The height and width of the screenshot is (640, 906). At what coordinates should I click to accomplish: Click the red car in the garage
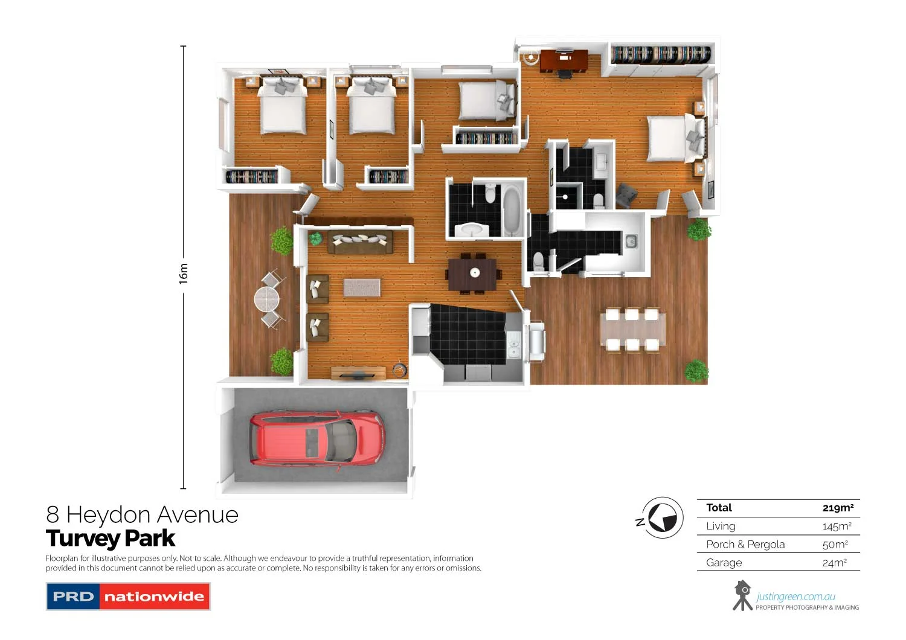pos(316,439)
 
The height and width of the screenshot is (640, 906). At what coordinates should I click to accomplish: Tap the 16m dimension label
pos(184,274)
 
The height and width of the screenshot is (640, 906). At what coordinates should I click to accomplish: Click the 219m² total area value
pos(838,508)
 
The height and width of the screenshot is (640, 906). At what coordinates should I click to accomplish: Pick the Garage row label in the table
pos(724,563)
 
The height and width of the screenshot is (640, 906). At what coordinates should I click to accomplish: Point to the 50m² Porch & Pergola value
pos(835,545)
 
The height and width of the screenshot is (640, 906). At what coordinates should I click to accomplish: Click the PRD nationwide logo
pos(128,597)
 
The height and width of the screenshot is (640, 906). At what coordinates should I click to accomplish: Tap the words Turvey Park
pos(111,538)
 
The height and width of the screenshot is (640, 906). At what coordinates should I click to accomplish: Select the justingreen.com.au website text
pos(795,597)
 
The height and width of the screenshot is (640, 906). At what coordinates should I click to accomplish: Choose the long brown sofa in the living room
pos(360,242)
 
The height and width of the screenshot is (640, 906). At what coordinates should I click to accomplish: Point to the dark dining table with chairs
pos(472,274)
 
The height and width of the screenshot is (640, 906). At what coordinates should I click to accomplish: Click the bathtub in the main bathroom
pos(512,210)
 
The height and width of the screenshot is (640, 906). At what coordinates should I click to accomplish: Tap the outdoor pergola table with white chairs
pos(632,330)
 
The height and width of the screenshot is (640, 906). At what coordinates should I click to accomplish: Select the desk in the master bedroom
pos(564,60)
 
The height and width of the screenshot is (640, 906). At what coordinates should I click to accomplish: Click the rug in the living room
pos(362,287)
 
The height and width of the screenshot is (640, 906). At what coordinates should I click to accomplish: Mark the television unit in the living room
pos(358,374)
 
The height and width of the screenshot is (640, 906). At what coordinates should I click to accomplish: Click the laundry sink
pos(631,242)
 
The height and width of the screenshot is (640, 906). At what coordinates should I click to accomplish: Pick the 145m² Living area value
pos(837,526)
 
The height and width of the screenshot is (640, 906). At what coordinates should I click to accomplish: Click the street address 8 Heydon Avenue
pos(143,515)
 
